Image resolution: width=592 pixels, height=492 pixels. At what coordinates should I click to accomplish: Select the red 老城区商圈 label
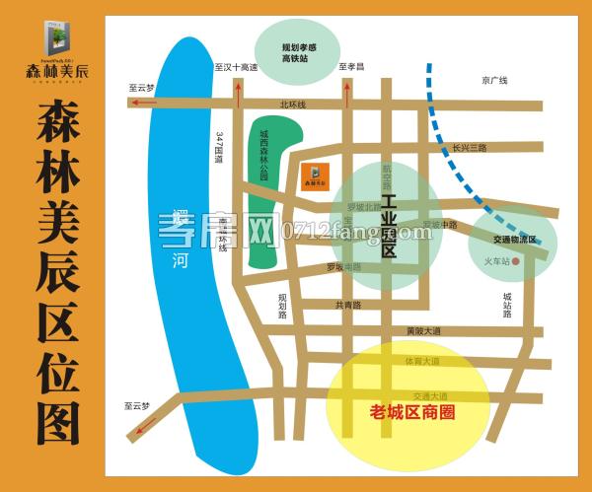click(410, 412)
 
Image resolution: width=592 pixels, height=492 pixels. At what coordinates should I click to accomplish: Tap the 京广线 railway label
click(494, 81)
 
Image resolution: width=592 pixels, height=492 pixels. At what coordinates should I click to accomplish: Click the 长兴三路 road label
click(470, 147)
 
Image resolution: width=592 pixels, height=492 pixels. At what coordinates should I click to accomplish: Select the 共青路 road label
click(348, 305)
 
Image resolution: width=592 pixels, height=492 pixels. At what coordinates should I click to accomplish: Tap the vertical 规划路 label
click(282, 307)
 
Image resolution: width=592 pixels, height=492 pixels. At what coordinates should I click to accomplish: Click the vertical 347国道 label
click(219, 148)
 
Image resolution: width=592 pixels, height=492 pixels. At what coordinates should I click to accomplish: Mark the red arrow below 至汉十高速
click(238, 92)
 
